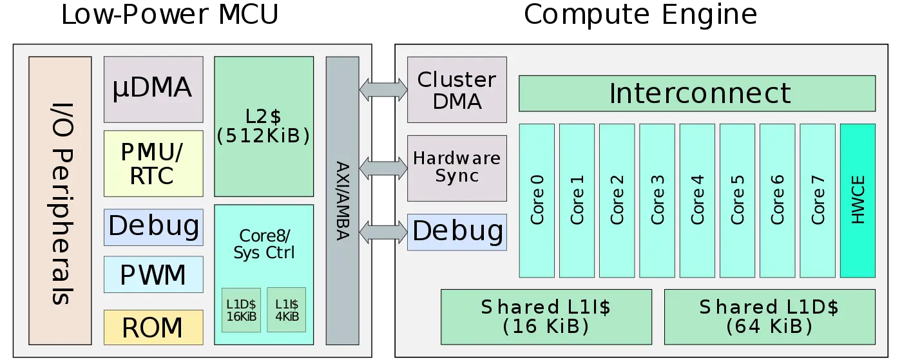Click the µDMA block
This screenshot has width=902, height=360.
click(x=153, y=89)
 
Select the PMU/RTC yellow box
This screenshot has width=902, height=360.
click(x=153, y=164)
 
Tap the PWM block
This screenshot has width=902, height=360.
click(x=153, y=274)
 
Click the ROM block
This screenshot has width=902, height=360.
click(x=153, y=327)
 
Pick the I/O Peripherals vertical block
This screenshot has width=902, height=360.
click(x=60, y=200)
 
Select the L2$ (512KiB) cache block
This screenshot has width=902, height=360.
click(x=264, y=126)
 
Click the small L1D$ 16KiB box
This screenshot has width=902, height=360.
click(x=241, y=310)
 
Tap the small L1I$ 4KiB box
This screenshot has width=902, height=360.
click(x=286, y=310)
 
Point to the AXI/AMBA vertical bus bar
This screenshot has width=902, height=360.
click(x=342, y=200)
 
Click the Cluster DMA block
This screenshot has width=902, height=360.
click(x=457, y=90)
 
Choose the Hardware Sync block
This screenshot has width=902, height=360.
click(x=457, y=167)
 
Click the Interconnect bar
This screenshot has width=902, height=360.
click(x=696, y=93)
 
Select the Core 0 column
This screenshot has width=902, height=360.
click(x=536, y=200)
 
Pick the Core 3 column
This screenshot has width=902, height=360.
click(x=657, y=200)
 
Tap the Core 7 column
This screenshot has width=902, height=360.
click(x=817, y=200)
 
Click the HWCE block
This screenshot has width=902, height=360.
click(x=858, y=200)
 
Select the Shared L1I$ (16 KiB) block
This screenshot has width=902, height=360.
click(x=546, y=316)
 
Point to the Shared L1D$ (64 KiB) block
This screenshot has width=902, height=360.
click(x=769, y=316)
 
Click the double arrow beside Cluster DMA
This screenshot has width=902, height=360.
click(x=383, y=89)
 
